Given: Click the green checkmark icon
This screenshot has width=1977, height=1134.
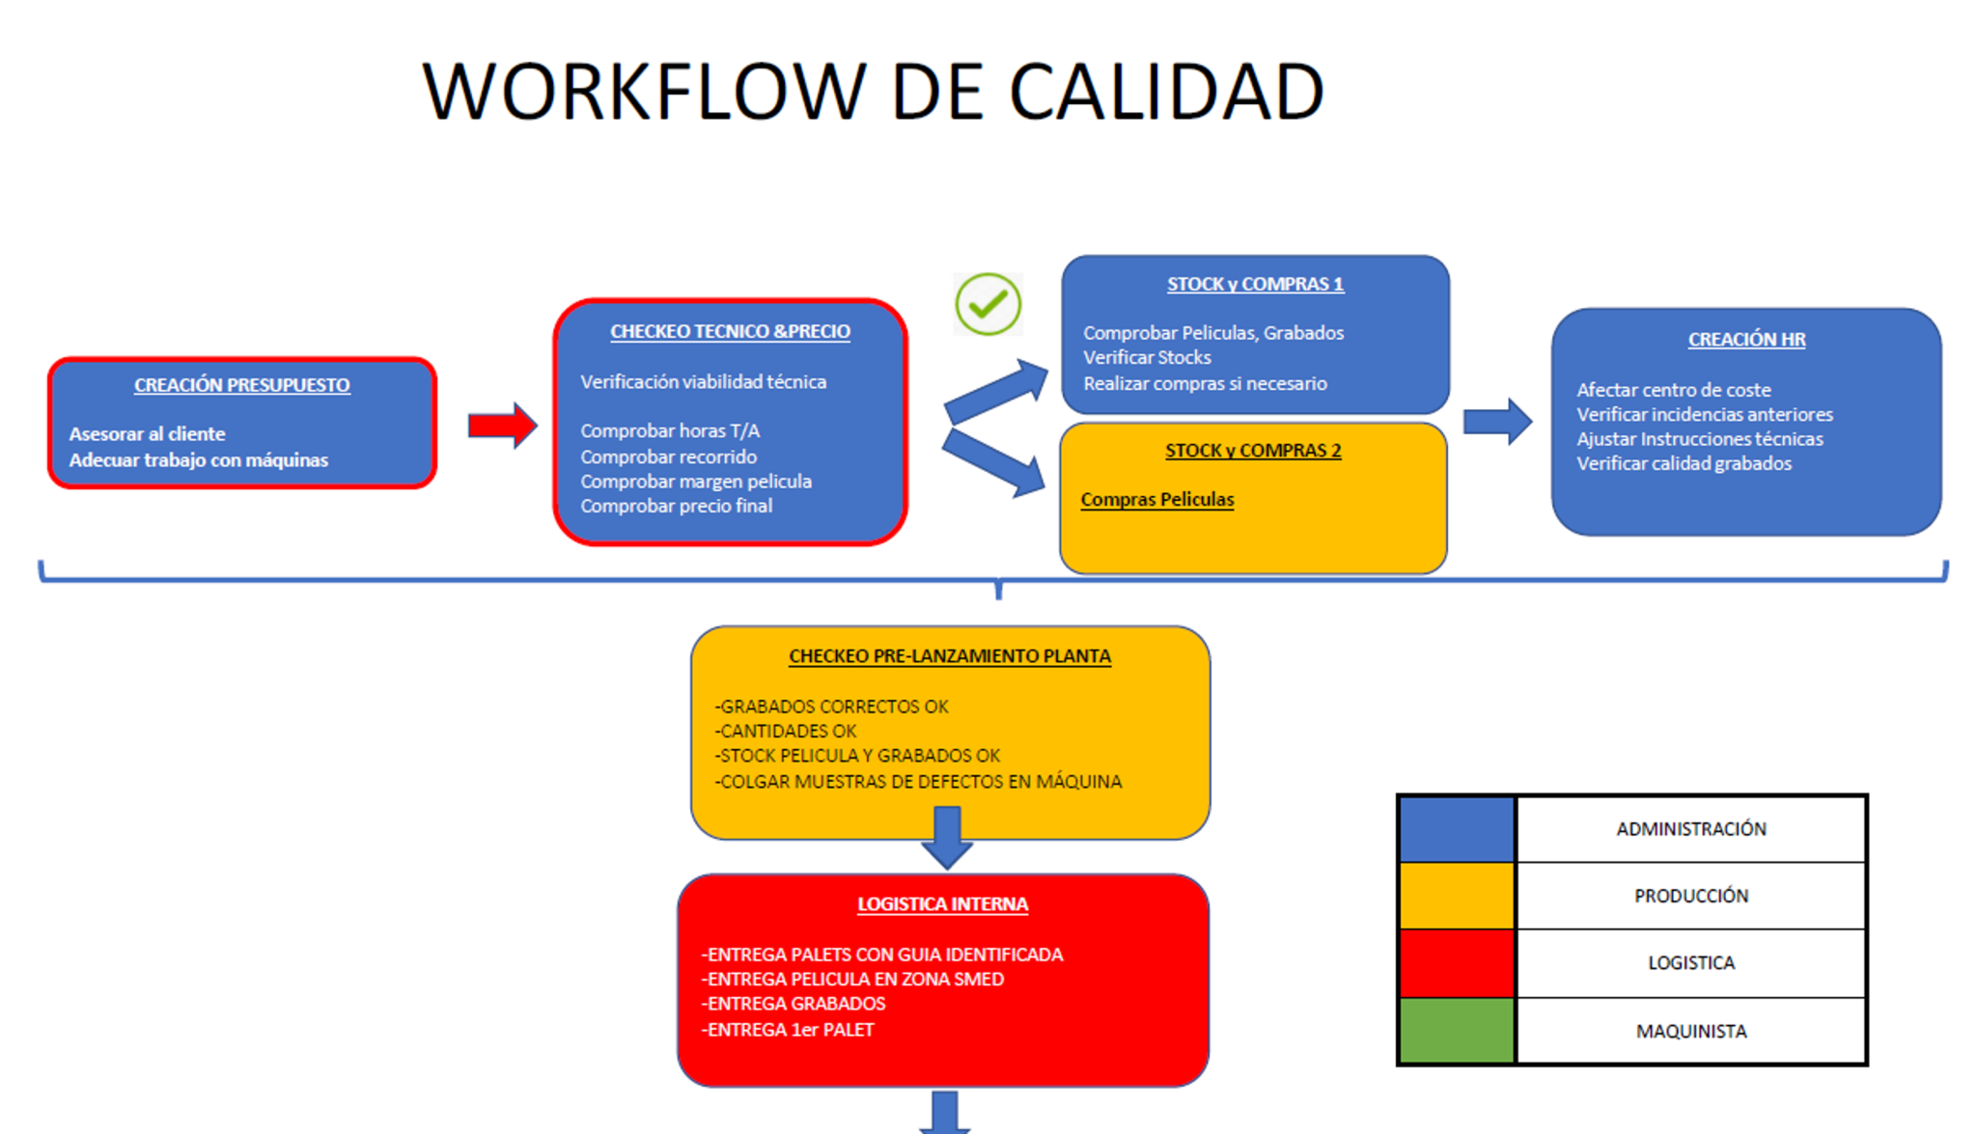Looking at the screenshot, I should (x=988, y=304).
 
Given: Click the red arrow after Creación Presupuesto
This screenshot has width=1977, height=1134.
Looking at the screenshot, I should (x=501, y=425).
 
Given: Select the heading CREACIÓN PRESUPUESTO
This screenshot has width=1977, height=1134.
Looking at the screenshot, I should (x=241, y=385).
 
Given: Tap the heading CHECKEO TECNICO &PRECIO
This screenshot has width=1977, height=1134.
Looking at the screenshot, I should (x=730, y=331).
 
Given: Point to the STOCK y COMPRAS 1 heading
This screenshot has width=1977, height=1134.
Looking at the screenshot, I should (x=1254, y=284).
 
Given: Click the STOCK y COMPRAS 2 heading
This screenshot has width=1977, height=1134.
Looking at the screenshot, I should (x=1252, y=451).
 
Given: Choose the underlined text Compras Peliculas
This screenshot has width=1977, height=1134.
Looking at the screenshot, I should (x=1156, y=499).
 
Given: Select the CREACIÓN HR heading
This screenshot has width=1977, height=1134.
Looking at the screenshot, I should (x=1745, y=340).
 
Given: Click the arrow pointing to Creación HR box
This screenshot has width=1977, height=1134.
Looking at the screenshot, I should (x=1496, y=422).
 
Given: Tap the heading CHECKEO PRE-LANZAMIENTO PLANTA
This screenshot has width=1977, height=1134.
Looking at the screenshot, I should (x=949, y=656).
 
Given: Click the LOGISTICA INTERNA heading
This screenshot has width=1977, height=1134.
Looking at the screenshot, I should (x=942, y=904).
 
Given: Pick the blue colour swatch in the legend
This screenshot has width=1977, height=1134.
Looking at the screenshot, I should (x=1456, y=829).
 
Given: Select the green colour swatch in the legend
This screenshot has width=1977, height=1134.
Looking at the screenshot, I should (x=1456, y=1031).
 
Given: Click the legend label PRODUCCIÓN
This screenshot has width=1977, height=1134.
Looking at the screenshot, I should (x=1690, y=896).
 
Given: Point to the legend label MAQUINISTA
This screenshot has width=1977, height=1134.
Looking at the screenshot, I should (x=1690, y=1031).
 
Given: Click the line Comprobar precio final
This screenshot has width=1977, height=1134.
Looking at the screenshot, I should (x=676, y=506).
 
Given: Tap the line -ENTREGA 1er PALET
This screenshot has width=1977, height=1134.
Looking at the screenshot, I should (x=788, y=1030).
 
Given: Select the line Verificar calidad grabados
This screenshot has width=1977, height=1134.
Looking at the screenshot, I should (x=1684, y=463).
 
